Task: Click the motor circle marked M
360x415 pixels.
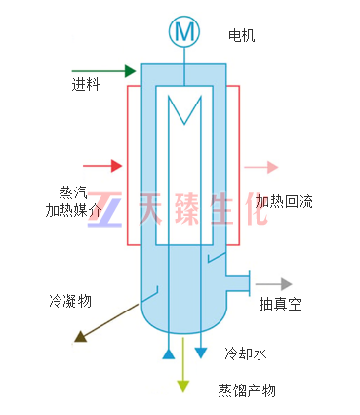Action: pyautogui.click(x=185, y=32)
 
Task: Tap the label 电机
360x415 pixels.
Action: pyautogui.click(x=241, y=36)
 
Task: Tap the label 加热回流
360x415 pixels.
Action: pyautogui.click(x=285, y=202)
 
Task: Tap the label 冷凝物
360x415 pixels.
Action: pyautogui.click(x=70, y=301)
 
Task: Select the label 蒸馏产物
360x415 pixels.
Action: pyautogui.click(x=247, y=391)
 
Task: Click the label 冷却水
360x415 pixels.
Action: pyautogui.click(x=244, y=353)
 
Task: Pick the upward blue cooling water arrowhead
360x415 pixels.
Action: pyautogui.click(x=169, y=349)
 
